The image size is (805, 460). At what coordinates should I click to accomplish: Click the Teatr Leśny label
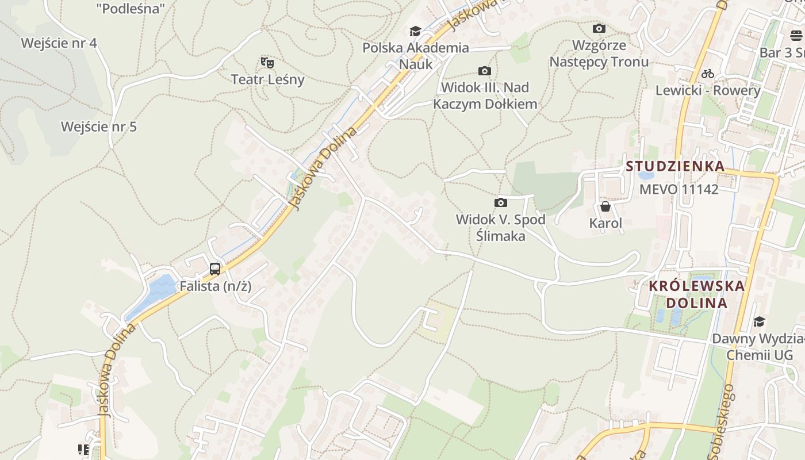(x=267, y=79)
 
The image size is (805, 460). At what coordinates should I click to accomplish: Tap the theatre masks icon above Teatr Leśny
(x=267, y=62)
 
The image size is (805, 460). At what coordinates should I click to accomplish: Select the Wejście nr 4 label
(x=59, y=43)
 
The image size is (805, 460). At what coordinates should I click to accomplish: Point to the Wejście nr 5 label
(x=99, y=126)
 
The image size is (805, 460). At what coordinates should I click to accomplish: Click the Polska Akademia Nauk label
(x=416, y=56)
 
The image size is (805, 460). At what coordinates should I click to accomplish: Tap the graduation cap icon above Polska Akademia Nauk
(x=415, y=31)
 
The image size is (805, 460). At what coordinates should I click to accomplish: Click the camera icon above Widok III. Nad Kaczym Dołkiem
(x=485, y=71)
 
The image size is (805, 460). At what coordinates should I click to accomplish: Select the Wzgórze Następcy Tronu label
(x=599, y=53)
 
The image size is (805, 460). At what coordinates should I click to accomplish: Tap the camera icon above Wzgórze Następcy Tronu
(x=599, y=28)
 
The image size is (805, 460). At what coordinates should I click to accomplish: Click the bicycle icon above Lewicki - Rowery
(x=708, y=74)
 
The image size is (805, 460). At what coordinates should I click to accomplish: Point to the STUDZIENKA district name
(x=675, y=167)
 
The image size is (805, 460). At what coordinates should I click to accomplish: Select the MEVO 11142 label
(x=679, y=189)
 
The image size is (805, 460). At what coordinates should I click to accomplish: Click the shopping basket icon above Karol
(x=605, y=206)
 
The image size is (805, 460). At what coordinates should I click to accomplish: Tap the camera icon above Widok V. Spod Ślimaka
(x=501, y=202)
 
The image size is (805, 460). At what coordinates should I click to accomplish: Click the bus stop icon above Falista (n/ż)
(x=215, y=269)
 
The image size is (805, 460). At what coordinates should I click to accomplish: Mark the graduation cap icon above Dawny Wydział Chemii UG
(x=760, y=321)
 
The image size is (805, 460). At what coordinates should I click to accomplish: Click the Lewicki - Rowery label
(x=708, y=90)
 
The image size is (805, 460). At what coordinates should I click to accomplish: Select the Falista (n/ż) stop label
(x=216, y=286)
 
